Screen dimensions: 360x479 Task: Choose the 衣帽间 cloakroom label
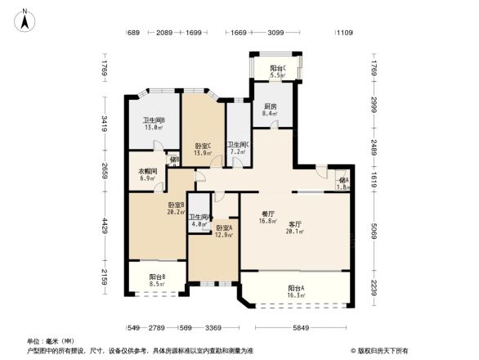(147, 174)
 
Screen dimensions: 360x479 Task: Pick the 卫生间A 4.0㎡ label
(199, 222)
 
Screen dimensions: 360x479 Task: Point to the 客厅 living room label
(295, 227)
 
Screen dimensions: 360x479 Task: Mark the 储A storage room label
(344, 183)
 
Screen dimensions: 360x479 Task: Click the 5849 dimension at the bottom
(302, 328)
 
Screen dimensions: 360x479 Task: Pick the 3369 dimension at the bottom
(214, 328)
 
